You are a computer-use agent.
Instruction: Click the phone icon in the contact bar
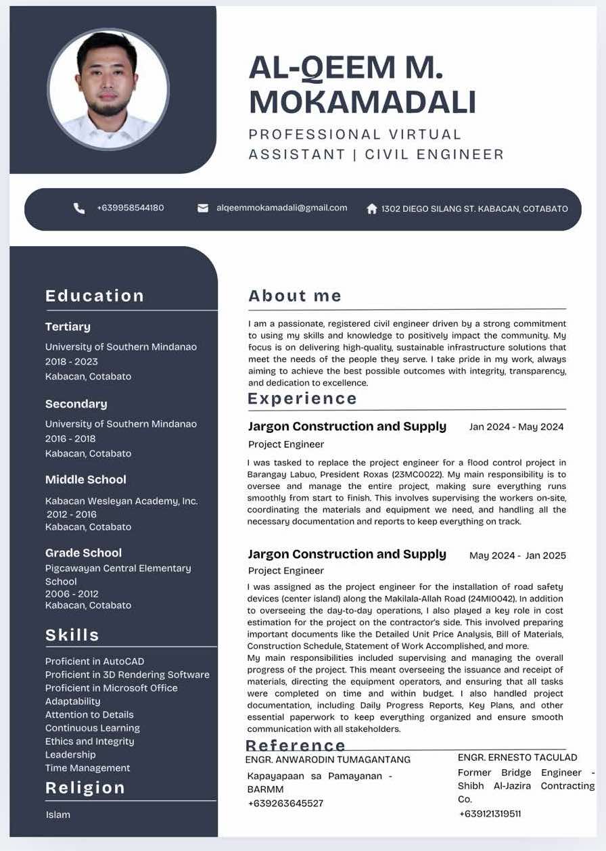(79, 208)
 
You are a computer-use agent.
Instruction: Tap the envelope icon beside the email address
(203, 208)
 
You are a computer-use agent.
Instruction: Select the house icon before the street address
(371, 209)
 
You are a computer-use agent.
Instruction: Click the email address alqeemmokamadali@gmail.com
(281, 208)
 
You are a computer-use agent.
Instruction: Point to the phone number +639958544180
(130, 208)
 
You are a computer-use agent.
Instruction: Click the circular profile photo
(108, 89)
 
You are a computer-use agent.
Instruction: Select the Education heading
(95, 296)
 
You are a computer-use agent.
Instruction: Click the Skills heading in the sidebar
(72, 635)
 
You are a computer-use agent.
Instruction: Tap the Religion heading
(85, 787)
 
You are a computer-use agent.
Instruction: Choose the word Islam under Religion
(58, 814)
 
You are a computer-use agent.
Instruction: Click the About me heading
(295, 296)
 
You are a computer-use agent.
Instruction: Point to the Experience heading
(302, 398)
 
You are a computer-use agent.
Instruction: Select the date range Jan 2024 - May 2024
(516, 427)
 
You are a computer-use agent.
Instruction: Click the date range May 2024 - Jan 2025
(517, 555)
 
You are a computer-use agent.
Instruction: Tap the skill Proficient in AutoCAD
(95, 661)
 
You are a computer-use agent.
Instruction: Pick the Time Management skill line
(88, 768)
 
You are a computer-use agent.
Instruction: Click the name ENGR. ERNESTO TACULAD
(517, 757)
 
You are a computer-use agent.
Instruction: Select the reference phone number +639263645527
(285, 803)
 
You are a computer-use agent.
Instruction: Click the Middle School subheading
(86, 480)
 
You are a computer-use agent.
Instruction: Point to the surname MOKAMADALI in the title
(363, 102)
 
